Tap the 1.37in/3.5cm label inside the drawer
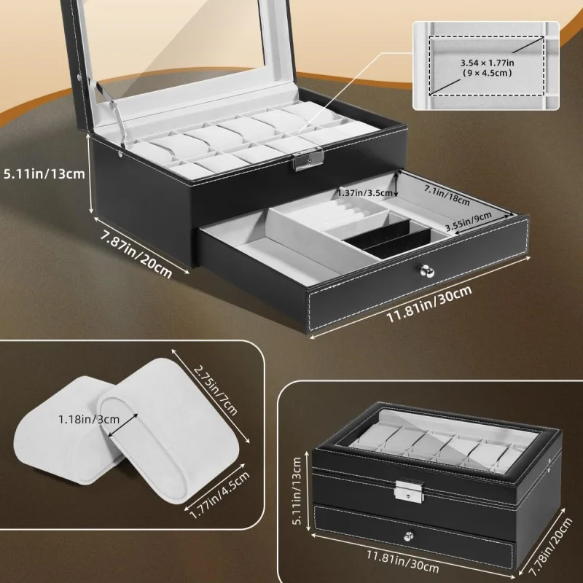[x=364, y=192]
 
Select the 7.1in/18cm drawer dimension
[x=446, y=195]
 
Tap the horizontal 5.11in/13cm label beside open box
[x=44, y=173]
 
